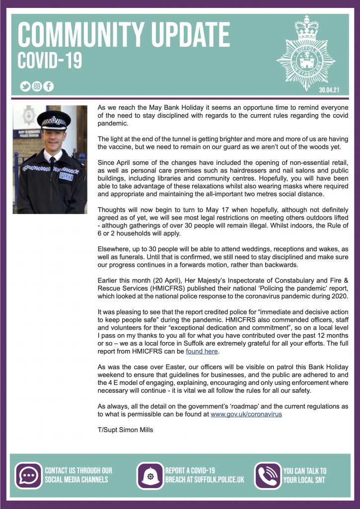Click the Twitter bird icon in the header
pyautogui.click(x=25, y=86)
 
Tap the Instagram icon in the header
pyautogui.click(x=37, y=86)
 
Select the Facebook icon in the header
pyautogui.click(x=48, y=86)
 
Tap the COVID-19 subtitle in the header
pyautogui.click(x=50, y=62)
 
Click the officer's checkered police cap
pyautogui.click(x=54, y=120)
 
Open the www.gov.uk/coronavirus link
pyautogui.click(x=246, y=414)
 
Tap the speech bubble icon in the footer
pyautogui.click(x=29, y=475)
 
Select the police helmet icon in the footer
pyautogui.click(x=149, y=476)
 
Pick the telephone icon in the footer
pyautogui.click(x=268, y=476)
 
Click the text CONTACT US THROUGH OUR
pyautogui.click(x=78, y=470)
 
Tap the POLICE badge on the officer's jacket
pyautogui.click(x=66, y=176)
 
